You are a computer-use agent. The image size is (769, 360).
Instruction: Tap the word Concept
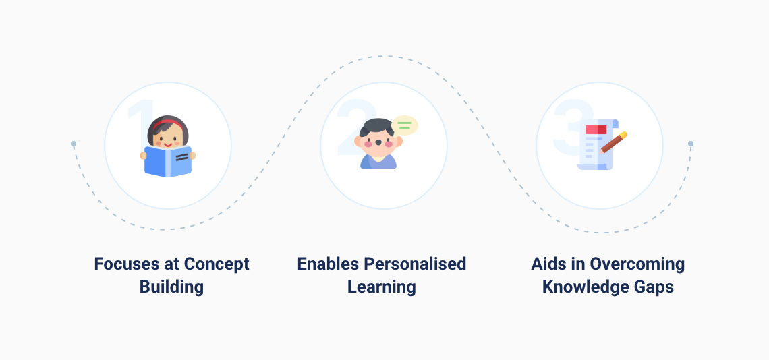tap(217, 264)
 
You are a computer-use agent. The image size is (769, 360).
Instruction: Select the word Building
tap(171, 287)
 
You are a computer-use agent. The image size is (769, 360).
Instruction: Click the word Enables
tap(327, 264)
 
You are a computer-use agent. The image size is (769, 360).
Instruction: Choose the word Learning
tap(381, 287)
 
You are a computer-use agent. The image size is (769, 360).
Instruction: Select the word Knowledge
tap(583, 287)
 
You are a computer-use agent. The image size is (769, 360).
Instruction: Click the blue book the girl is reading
tap(168, 161)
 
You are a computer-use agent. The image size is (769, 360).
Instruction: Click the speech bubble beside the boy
tap(405, 125)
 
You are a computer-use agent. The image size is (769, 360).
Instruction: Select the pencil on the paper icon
tap(613, 142)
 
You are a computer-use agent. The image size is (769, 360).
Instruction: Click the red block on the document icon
tap(596, 129)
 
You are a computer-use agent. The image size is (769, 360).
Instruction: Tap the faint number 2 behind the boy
tap(349, 131)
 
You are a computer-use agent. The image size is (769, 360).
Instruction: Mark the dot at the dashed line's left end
tap(74, 144)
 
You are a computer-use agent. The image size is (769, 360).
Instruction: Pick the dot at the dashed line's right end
tap(691, 144)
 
